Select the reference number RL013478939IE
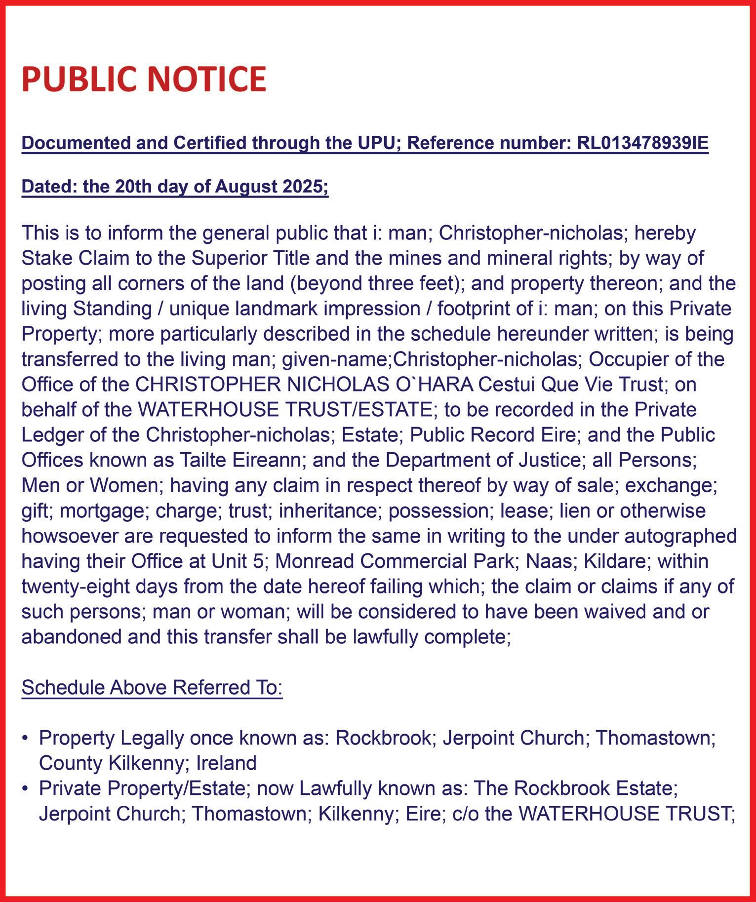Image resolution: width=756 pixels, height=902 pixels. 642,143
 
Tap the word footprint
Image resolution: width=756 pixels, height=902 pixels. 479,309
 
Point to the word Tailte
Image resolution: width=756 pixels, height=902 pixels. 201,460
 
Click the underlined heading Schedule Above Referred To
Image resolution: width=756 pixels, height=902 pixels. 152,687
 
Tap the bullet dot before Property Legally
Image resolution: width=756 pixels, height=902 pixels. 25,739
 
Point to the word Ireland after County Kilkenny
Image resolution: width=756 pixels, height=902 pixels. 227,763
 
